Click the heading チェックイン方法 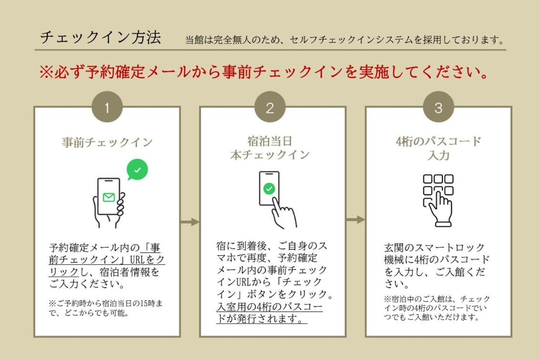click(x=100, y=37)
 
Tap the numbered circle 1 click(x=107, y=107)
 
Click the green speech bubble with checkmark click(x=137, y=169)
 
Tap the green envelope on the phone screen click(x=109, y=197)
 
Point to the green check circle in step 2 click(x=269, y=189)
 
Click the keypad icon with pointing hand click(x=438, y=200)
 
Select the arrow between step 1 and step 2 click(x=190, y=222)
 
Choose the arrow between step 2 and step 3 click(x=356, y=220)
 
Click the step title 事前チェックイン click(x=107, y=142)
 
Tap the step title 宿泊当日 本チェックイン click(x=270, y=148)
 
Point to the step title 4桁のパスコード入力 click(x=439, y=148)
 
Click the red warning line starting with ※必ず click(x=264, y=71)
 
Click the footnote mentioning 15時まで click(x=105, y=308)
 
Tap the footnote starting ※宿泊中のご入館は click(x=437, y=308)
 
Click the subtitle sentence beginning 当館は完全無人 click(x=345, y=40)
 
